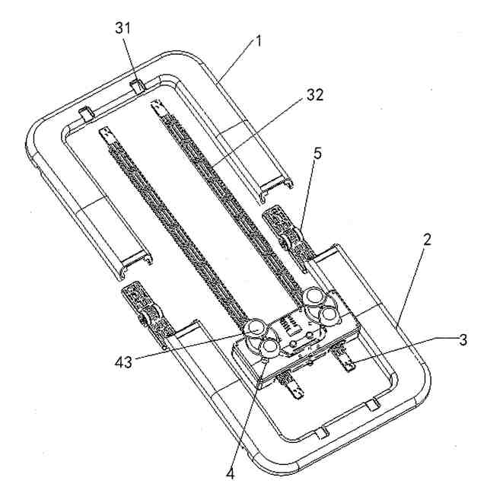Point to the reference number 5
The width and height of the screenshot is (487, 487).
coord(317,152)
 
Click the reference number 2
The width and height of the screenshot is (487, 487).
coord(428,240)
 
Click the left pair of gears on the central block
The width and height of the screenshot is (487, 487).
coord(262,337)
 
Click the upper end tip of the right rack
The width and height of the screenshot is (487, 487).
coord(158,105)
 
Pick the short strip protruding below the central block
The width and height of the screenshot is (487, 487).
coord(295,388)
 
